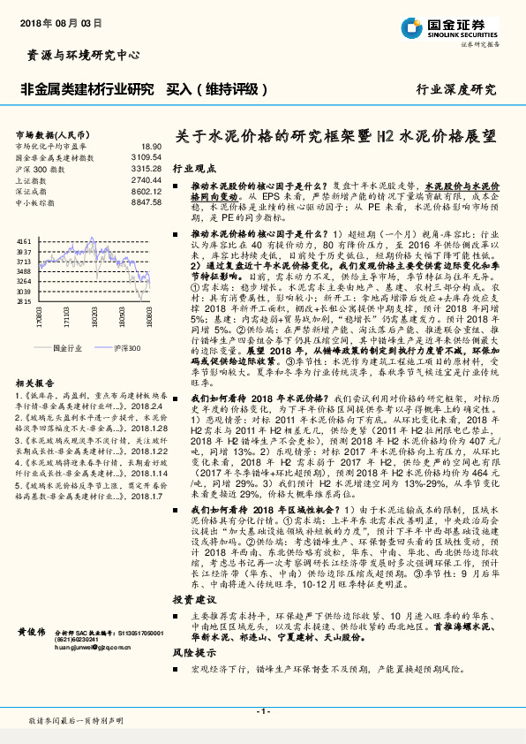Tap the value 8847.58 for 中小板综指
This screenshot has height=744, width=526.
pos(147,202)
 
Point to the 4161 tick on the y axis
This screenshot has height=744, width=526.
pos(24,241)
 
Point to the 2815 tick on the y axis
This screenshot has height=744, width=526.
pos(24,300)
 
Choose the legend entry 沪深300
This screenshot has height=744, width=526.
pos(127,348)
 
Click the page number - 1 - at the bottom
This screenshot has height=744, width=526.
pos(262,710)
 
